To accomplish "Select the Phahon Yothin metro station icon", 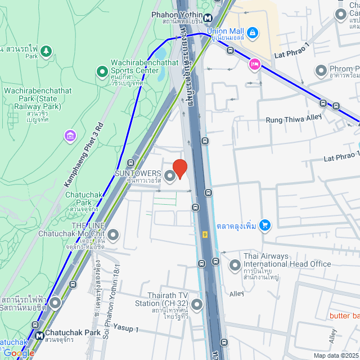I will click(208, 17).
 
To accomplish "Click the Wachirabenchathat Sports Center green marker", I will click(102, 71).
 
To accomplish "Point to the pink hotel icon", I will click(254, 65).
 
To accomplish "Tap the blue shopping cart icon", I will click(265, 226).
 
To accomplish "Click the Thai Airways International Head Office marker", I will click(235, 264).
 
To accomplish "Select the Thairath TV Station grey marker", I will click(197, 305).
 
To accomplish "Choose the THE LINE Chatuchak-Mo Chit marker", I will click(113, 235).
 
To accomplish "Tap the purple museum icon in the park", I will click(70, 135).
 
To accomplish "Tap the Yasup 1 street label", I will click(126, 328).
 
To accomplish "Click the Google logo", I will click(18, 352).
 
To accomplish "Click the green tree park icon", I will click(46, 52).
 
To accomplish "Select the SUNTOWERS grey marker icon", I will click(170, 176).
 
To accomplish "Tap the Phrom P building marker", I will click(321, 71).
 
